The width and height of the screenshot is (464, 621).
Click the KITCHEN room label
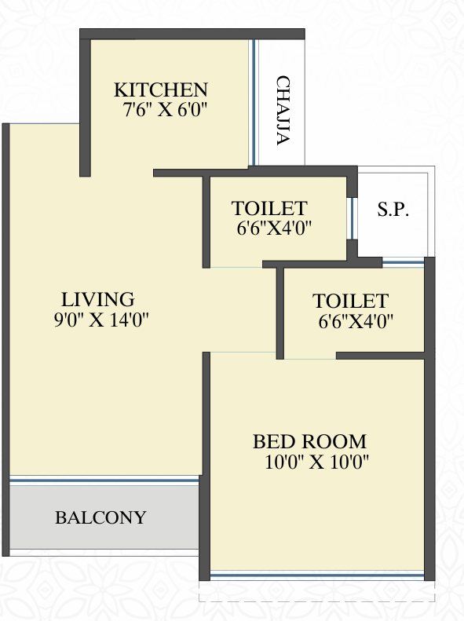coord(161,90)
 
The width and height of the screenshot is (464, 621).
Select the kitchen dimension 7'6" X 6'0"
coord(165,109)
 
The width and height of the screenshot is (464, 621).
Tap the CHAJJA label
coord(283,111)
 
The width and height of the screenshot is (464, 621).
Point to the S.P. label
coord(393,210)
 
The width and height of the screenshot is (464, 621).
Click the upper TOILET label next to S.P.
coord(269,208)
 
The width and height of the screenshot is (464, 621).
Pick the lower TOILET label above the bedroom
coord(351,301)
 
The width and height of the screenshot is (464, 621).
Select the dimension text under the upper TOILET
coord(274,228)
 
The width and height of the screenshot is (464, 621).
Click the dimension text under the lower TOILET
coord(356,321)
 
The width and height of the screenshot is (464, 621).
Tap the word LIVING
coord(98,299)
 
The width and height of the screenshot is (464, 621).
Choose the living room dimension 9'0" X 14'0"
coord(101,320)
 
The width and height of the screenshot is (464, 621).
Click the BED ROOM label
coord(309,441)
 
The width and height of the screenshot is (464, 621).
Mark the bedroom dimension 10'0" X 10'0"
coord(316,462)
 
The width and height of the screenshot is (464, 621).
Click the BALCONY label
coord(100,517)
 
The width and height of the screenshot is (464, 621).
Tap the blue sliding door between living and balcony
coord(104,480)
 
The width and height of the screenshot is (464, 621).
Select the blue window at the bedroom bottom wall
coord(316,575)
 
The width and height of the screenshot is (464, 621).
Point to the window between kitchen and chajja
coord(254,102)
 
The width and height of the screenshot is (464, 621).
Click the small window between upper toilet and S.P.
coord(351,218)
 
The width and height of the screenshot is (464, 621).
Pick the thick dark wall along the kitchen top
coord(192,34)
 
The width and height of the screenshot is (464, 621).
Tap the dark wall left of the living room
coord(5,339)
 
